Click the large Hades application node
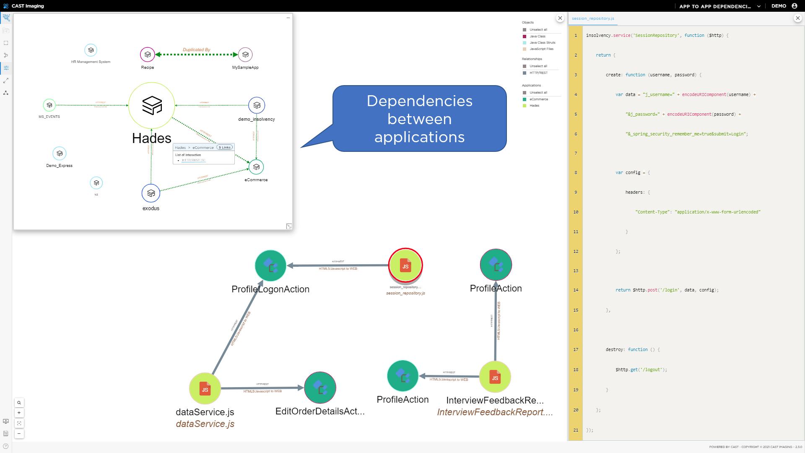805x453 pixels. pos(151,105)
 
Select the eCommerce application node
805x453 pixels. pos(256,167)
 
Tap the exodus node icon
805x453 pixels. pos(151,193)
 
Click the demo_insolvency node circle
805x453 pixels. pos(257,105)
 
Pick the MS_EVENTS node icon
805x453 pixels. pos(49,105)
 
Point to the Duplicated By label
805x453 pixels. pos(196,49)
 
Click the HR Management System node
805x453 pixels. pos(91,50)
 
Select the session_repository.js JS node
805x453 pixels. pos(405,266)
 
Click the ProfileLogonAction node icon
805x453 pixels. pos(270,266)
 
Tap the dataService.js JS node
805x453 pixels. pos(205,389)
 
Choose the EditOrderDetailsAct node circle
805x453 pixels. pos(320,388)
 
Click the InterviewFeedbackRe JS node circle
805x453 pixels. pos(495,377)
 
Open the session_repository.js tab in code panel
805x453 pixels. pos(593,18)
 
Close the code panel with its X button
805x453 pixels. pos(797,18)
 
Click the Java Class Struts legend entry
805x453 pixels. pos(542,43)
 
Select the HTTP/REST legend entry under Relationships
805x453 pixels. pos(538,73)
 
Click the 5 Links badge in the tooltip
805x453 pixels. pos(225,147)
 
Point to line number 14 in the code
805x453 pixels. pos(576,290)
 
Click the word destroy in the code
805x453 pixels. pos(614,349)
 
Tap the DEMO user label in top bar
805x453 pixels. pos(779,6)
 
